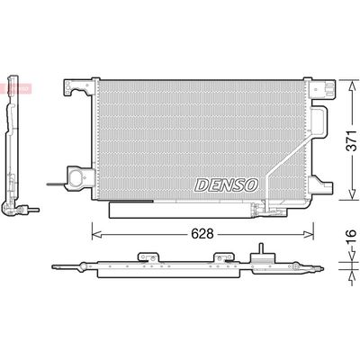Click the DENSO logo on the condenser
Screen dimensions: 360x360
(226, 184)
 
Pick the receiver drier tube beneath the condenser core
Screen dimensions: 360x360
(180, 210)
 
